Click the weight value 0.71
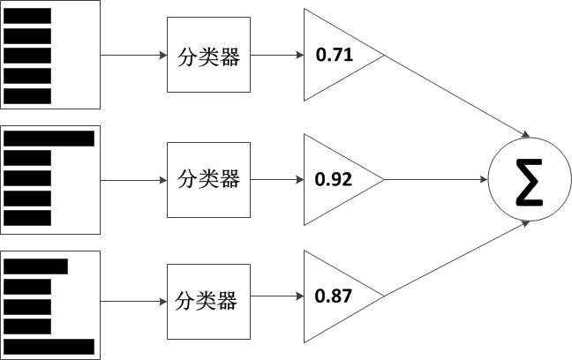click(x=335, y=56)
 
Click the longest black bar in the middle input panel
click(x=49, y=139)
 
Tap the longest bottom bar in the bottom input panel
click(x=49, y=346)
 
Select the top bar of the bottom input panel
click(x=36, y=266)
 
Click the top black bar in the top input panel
click(x=27, y=15)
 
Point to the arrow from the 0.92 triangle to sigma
click(x=436, y=180)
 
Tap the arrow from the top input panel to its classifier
click(x=133, y=56)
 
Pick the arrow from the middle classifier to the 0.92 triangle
click(x=276, y=180)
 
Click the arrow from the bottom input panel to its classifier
click(x=133, y=301)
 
